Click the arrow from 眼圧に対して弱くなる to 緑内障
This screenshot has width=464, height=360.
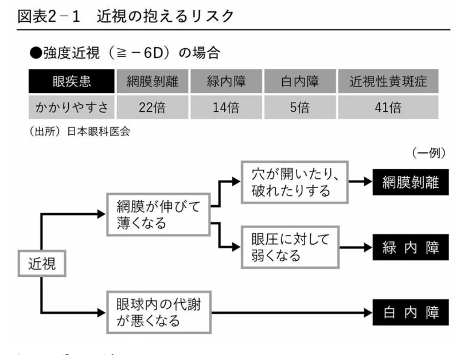tap(356, 248)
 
